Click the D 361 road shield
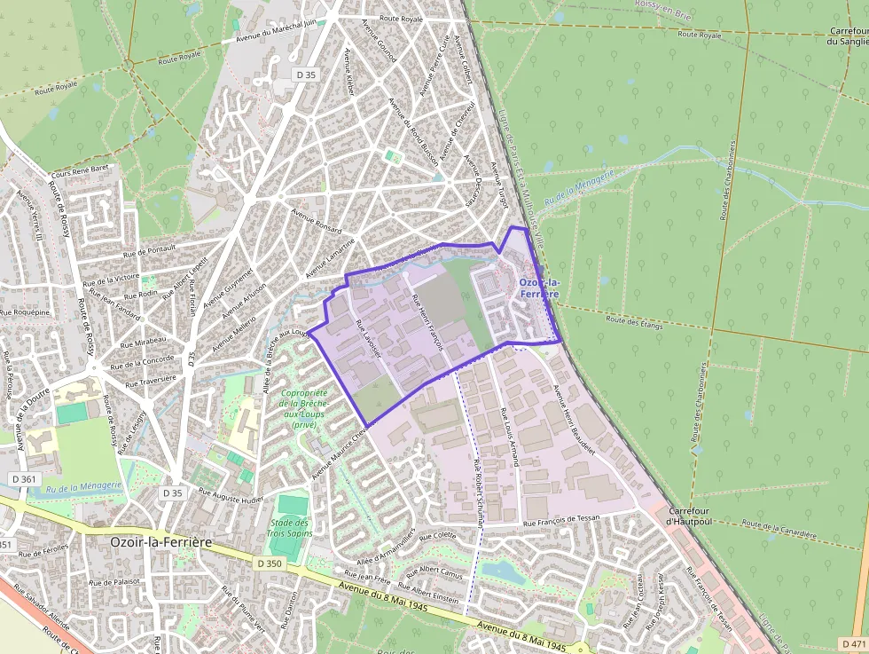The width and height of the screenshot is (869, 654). pyautogui.click(x=25, y=479)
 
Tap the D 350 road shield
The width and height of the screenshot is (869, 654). pyautogui.click(x=270, y=563)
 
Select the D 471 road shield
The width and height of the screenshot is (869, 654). pyautogui.click(x=852, y=643)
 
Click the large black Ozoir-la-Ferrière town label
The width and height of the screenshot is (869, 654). pyautogui.click(x=166, y=540)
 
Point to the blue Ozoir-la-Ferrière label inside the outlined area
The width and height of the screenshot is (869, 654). pyautogui.click(x=539, y=288)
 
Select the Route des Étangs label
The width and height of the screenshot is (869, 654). pyautogui.click(x=634, y=320)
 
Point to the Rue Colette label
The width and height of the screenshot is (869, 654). pyautogui.click(x=437, y=535)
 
